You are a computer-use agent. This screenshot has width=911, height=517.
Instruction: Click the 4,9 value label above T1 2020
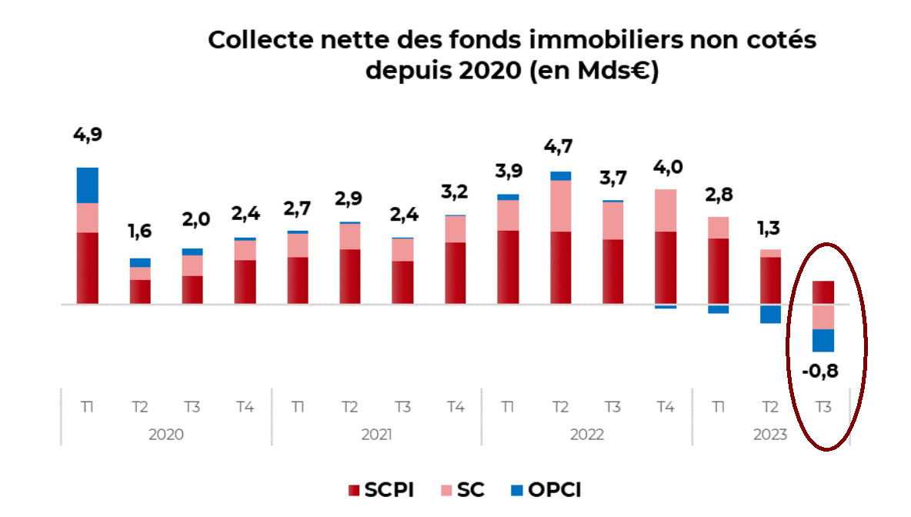click(87, 135)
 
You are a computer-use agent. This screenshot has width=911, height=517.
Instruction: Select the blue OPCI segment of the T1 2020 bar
click(87, 185)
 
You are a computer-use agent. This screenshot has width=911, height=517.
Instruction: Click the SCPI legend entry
click(381, 490)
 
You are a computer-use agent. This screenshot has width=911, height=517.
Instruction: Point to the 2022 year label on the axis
click(586, 435)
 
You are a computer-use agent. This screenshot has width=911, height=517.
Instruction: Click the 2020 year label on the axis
click(165, 435)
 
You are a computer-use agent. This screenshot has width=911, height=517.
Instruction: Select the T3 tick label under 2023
click(823, 407)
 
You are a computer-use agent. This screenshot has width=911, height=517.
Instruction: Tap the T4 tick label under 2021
click(455, 407)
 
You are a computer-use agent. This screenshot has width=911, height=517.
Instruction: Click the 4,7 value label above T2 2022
click(560, 146)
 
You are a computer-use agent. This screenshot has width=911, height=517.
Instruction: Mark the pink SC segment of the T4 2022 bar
click(666, 210)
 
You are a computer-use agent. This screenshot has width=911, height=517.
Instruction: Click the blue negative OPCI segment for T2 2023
click(770, 314)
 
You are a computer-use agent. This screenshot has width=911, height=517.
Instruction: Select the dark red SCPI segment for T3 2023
click(823, 292)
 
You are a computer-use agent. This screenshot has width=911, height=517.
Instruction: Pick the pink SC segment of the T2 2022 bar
click(560, 205)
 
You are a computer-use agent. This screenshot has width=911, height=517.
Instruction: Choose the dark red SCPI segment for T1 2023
click(718, 271)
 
